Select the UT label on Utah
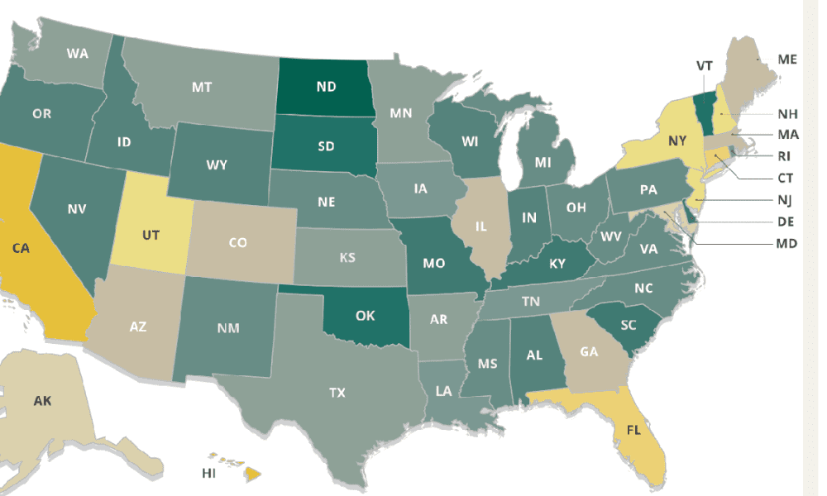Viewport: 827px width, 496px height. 151,235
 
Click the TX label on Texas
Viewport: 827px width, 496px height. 337,392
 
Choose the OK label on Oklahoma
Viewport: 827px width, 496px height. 366,315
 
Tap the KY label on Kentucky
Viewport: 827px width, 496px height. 557,265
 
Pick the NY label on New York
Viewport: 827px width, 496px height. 677,141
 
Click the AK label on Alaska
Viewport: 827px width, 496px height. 42,401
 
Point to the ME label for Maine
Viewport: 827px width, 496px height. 787,60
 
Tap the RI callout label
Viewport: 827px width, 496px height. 786,155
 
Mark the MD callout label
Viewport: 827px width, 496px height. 786,244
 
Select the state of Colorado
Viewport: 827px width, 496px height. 238,242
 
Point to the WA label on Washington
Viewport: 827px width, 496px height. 78,54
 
